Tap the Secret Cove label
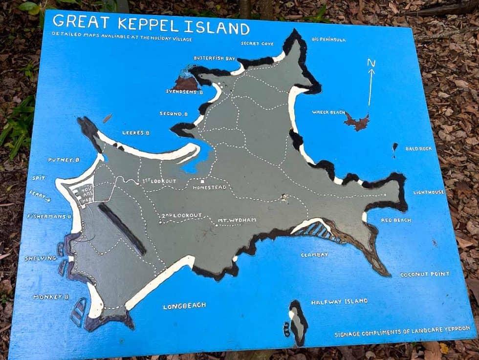click(x=257, y=43)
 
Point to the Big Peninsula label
click(x=328, y=39)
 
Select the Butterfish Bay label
click(x=215, y=58)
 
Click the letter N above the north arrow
click(x=371, y=63)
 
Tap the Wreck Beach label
click(x=328, y=112)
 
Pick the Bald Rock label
click(x=418, y=148)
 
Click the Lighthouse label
click(x=429, y=192)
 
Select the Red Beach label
click(x=396, y=220)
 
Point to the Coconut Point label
click(x=425, y=274)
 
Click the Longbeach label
click(x=184, y=306)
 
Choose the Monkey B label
click(x=51, y=297)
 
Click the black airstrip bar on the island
click(x=122, y=229)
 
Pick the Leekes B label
click(x=136, y=132)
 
